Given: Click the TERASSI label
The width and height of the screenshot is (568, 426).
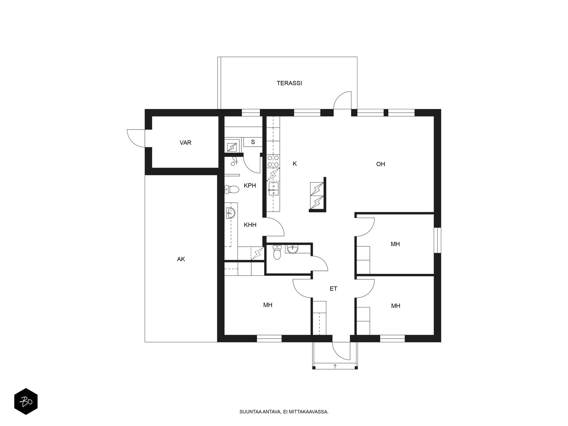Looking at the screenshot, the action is [x=289, y=83].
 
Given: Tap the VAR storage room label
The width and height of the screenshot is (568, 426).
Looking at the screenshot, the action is [x=185, y=142].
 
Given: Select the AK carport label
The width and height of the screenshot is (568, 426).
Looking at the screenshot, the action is [x=181, y=259].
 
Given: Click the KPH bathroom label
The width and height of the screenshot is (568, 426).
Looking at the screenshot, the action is [x=250, y=185].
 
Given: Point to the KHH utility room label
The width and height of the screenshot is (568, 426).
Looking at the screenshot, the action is [x=250, y=225].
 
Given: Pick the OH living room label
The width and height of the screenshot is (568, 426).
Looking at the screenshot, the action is [x=381, y=164].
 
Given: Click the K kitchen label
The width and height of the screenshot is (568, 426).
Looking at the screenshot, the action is [x=295, y=164].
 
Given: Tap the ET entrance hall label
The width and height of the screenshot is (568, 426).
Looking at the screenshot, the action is [x=333, y=289].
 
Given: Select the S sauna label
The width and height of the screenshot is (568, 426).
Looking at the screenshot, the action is [x=253, y=142].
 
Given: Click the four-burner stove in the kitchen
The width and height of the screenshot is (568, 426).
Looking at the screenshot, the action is [x=273, y=160].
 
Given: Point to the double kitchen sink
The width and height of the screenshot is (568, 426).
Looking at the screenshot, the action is [x=273, y=189].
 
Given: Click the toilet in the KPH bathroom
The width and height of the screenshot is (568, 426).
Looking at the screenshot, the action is [x=231, y=189].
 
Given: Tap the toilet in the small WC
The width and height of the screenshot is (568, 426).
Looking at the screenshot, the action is [x=277, y=252].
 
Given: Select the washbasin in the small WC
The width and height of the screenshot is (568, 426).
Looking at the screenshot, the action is [x=293, y=249].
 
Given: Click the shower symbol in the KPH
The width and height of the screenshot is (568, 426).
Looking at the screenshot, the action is [x=234, y=161].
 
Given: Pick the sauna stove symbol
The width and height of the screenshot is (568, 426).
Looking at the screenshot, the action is [x=232, y=147].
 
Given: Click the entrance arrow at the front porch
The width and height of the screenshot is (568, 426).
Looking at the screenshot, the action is [x=335, y=366].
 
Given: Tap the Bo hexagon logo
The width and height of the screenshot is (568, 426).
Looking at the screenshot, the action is [x=26, y=402].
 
